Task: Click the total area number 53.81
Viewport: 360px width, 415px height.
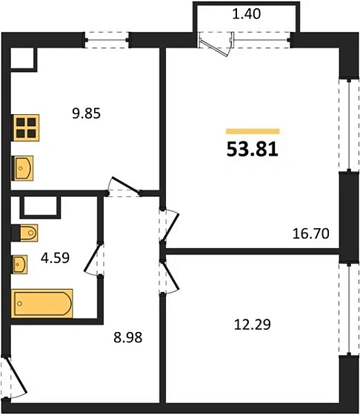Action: click(x=252, y=150)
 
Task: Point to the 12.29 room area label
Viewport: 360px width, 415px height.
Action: click(x=248, y=323)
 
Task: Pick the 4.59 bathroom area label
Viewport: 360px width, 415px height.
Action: click(x=52, y=261)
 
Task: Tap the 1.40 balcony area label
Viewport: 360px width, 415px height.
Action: click(x=245, y=13)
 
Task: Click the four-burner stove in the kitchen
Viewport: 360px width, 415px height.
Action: click(x=26, y=127)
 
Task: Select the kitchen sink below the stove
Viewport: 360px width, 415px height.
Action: click(x=24, y=168)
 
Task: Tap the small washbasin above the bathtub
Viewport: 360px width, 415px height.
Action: click(x=20, y=263)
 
